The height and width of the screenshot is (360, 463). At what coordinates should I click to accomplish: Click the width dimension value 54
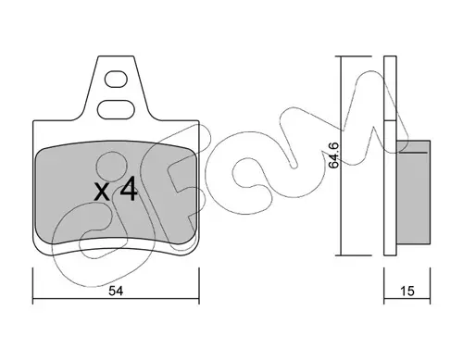point(116,291)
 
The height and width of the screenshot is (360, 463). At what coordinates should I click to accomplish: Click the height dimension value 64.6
point(333,155)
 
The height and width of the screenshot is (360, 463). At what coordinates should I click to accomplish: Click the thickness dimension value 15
point(407,291)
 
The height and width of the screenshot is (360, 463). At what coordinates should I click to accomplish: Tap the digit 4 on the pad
point(129,190)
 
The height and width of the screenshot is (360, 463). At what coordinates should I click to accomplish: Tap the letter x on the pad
point(102,192)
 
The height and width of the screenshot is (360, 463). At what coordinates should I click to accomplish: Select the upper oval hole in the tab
point(116,80)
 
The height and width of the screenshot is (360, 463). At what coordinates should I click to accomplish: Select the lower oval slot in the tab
point(116,109)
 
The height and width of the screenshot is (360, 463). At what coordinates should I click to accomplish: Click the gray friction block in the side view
point(413,192)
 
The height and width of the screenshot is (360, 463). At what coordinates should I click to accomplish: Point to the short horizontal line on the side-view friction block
point(414,152)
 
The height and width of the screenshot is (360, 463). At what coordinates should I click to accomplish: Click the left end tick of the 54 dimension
point(32,286)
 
